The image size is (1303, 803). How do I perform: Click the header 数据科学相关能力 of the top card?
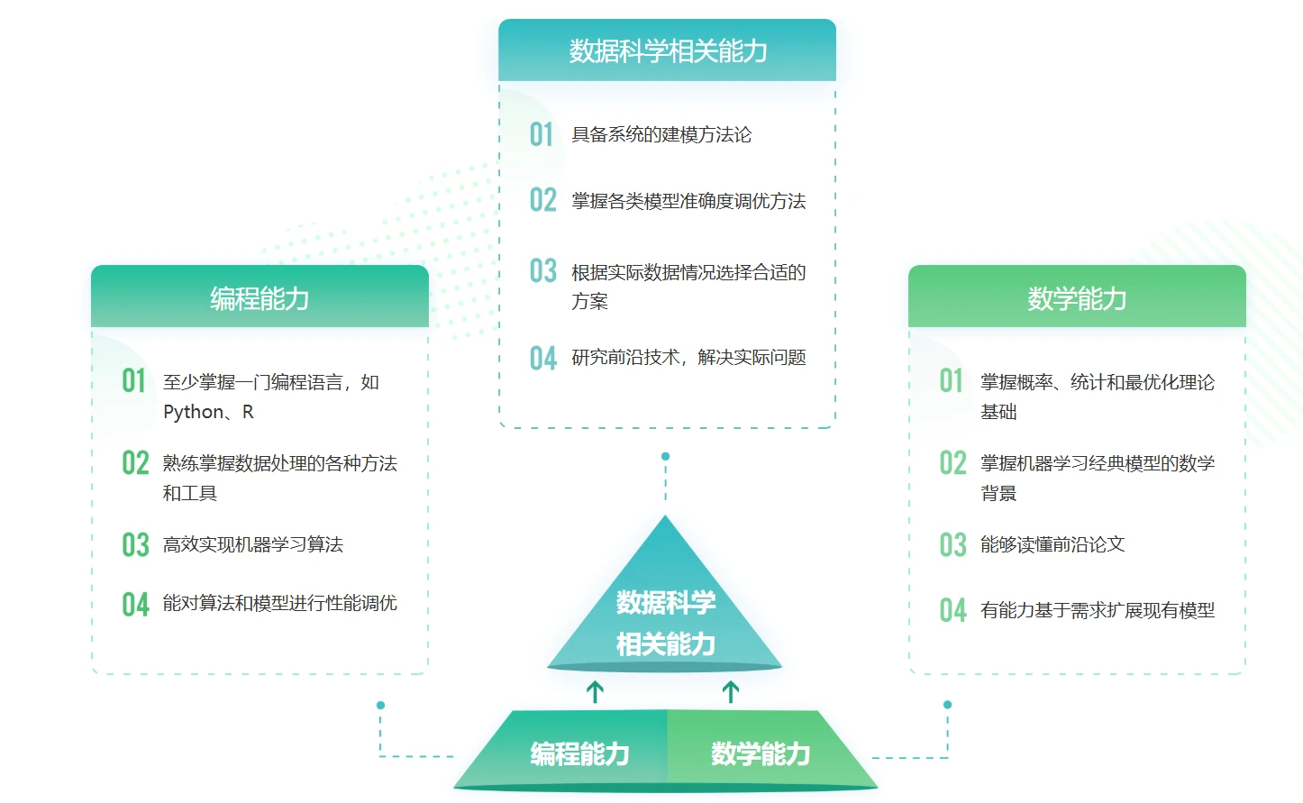point(667,51)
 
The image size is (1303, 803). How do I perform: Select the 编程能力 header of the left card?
point(260,298)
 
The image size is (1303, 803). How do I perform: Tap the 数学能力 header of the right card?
point(1077,298)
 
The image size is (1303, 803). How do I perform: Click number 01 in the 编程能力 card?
point(133,381)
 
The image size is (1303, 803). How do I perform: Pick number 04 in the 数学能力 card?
point(952,610)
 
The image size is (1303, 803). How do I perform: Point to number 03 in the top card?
point(542,271)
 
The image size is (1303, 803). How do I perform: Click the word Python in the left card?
point(193,412)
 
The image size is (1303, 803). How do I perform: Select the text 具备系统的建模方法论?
point(661,135)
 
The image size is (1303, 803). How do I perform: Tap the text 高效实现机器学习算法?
point(252,544)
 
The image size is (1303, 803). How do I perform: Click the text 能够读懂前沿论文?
point(1052,544)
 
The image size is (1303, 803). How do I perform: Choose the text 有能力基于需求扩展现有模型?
point(1097,610)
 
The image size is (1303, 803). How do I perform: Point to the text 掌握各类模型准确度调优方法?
point(688,201)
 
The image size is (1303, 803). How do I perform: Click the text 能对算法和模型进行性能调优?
point(279,603)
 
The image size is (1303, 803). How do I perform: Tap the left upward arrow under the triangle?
point(595,692)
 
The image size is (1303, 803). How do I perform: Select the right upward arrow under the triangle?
point(731,692)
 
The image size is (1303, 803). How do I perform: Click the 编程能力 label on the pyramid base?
point(579,753)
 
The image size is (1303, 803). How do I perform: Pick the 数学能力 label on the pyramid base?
point(760,753)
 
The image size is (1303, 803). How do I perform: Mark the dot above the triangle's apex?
point(666,456)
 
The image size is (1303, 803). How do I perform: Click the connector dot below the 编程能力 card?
point(380,705)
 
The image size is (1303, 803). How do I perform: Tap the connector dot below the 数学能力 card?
point(947,705)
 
